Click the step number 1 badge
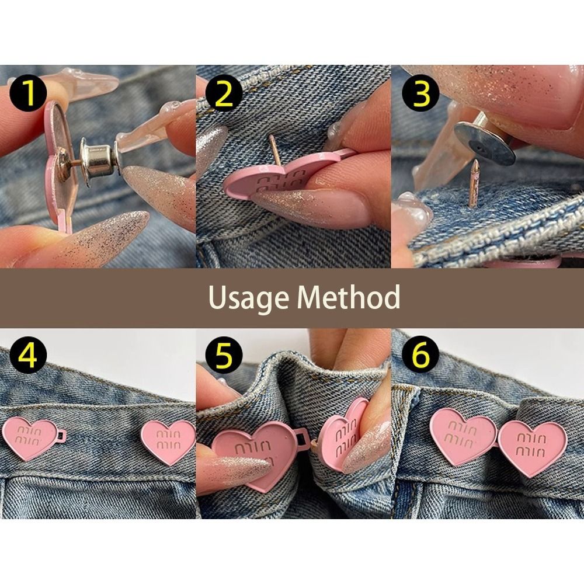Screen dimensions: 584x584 point(28,93)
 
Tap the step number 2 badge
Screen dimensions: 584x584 point(224,93)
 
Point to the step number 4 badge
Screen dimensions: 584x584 point(28,355)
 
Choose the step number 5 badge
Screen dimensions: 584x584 point(224,355)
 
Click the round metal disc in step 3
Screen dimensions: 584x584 point(484,144)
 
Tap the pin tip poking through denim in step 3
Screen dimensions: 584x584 point(474,183)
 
